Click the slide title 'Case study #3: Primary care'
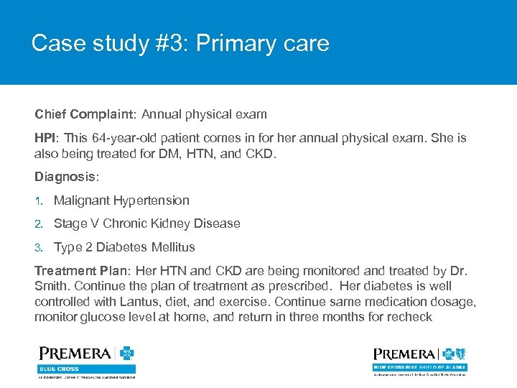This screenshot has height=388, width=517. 180,43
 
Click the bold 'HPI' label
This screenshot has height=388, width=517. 47,138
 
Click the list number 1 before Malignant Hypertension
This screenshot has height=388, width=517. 39,201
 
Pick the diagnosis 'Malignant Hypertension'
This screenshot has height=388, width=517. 121,200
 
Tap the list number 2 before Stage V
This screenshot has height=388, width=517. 39,224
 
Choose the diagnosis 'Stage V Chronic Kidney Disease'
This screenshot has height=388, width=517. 146,223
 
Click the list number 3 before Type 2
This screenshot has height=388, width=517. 39,248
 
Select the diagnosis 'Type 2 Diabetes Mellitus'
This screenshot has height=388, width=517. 124,247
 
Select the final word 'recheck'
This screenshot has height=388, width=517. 409,317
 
